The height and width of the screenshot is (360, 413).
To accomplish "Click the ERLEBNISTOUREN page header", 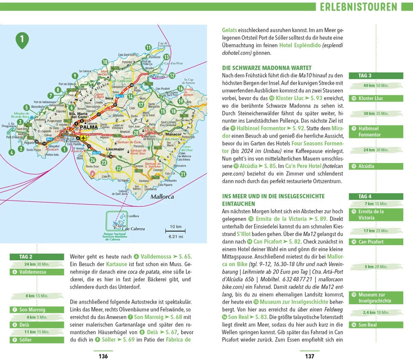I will tap(358, 7).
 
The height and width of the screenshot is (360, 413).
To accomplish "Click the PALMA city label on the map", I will tap(89, 127).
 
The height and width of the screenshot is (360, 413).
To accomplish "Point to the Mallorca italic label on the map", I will tap(162, 197).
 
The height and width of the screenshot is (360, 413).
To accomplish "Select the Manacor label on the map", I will tap(173, 134).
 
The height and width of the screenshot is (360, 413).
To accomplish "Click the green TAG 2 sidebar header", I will tap(37, 257).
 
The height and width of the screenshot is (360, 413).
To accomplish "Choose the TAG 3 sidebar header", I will tap(375, 76).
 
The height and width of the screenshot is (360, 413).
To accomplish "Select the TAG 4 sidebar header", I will tap(375, 196).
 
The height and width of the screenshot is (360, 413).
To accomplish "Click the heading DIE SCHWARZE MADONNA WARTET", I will tap(267, 68).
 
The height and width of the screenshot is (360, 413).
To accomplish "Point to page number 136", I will tap(103, 356).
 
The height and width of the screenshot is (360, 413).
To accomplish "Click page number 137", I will tap(309, 356).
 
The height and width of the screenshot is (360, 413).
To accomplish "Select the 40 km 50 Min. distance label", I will tap(375, 86).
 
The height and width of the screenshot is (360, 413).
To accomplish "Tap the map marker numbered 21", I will tap(183, 174).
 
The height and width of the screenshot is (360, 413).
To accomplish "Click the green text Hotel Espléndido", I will tap(300, 45).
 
